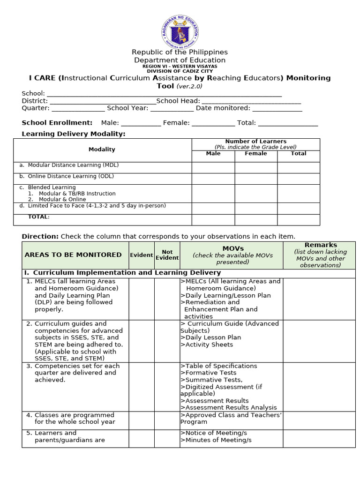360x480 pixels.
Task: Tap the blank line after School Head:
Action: tap(251, 101)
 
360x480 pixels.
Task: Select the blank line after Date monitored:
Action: tap(277, 108)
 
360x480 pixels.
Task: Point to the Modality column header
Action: tap(102, 150)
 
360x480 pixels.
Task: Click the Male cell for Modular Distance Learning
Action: tap(213, 167)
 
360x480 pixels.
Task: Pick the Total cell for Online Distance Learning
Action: tap(298, 179)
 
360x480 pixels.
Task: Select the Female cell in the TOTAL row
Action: tap(255, 219)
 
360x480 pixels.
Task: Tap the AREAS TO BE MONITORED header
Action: tap(73, 255)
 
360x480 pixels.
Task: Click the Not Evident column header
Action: tap(167, 255)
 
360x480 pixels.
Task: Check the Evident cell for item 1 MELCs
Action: tap(141, 299)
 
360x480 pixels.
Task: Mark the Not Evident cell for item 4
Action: tap(167, 421)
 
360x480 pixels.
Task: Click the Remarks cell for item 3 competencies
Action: tap(319, 386)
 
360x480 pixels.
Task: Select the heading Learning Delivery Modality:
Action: tap(74, 134)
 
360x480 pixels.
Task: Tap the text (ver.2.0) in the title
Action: tap(189, 86)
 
